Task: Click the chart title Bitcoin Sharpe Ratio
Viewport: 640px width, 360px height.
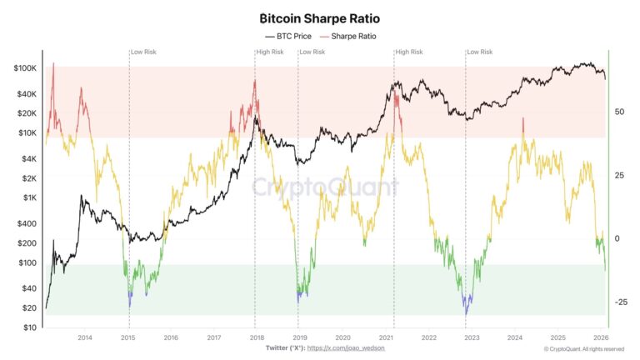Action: [x=319, y=17]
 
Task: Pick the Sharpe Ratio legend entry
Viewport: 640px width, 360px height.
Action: [x=347, y=37]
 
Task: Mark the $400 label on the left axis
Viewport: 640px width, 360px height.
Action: [x=27, y=224]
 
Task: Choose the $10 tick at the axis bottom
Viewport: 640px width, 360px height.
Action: [x=30, y=327]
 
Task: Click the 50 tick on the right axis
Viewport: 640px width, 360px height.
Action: [x=618, y=111]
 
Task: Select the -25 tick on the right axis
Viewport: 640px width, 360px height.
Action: [x=619, y=302]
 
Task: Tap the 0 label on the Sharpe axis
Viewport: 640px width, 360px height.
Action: [x=617, y=238]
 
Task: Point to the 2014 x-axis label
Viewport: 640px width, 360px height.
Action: [x=84, y=337]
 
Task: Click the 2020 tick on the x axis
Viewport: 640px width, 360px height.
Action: [x=342, y=337]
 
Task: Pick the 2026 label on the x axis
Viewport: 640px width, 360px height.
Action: [x=600, y=337]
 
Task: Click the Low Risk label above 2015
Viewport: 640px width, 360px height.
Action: [x=143, y=52]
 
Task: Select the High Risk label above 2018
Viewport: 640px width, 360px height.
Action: [x=270, y=52]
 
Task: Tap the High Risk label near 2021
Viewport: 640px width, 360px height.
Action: [x=409, y=52]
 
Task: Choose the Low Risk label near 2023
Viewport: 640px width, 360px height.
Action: [x=480, y=52]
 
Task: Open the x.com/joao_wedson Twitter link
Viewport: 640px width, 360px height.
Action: [x=346, y=347]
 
